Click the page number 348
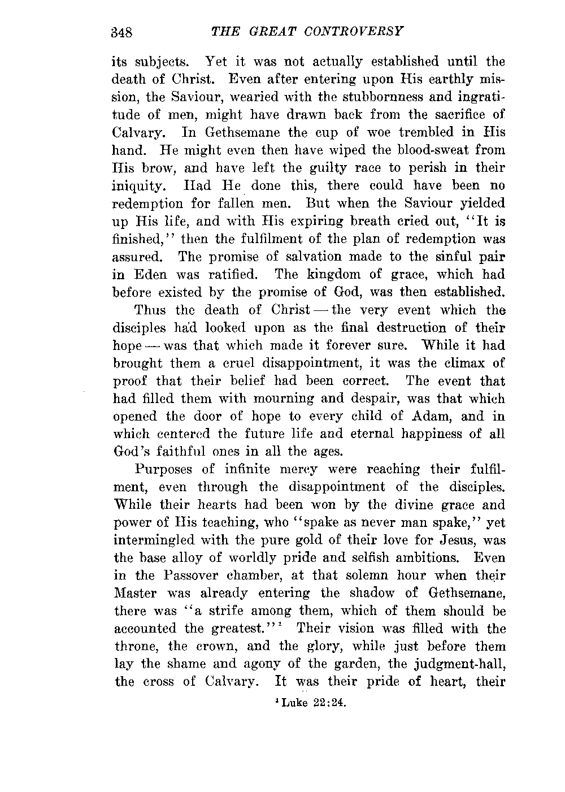[x=120, y=32]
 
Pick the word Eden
[x=151, y=275]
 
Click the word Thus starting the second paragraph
[x=150, y=310]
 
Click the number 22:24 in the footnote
[x=327, y=704]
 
